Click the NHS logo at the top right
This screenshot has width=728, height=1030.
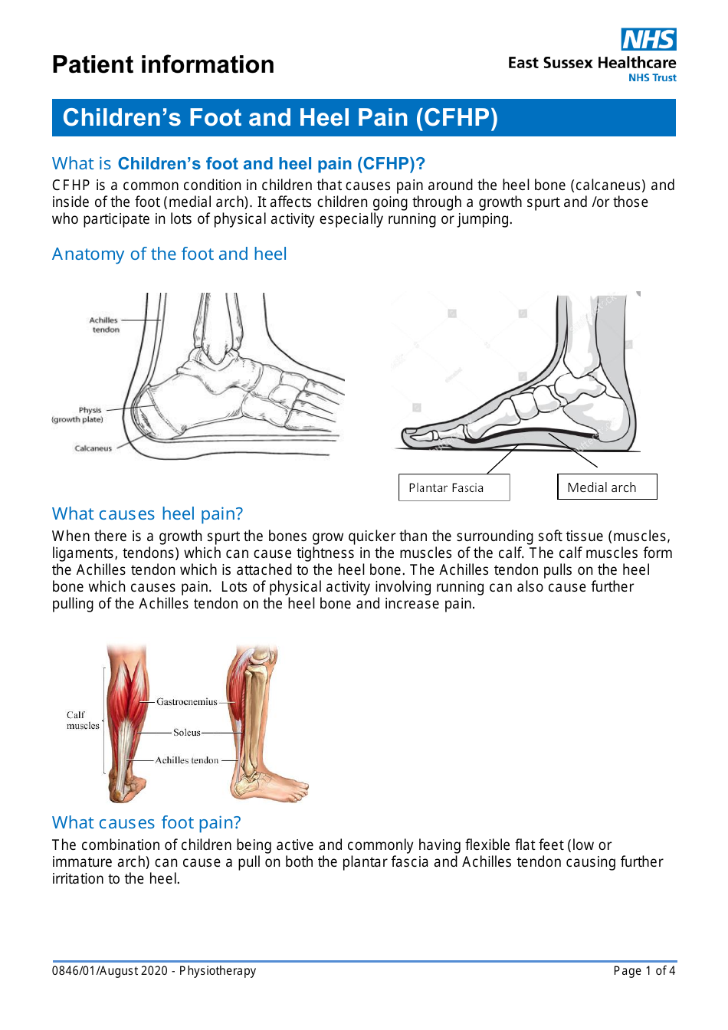click(648, 39)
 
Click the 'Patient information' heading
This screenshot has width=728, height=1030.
click(163, 65)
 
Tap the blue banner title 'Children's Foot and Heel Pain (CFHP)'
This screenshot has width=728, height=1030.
click(280, 117)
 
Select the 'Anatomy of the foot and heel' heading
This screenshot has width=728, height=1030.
click(169, 254)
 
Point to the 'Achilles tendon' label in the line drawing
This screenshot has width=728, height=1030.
click(104, 325)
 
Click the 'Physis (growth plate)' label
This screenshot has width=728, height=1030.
click(78, 415)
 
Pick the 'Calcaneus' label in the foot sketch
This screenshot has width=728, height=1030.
click(93, 448)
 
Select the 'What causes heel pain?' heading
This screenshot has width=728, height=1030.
click(147, 513)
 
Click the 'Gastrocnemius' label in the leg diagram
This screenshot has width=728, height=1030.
click(187, 701)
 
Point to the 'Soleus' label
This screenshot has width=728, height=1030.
click(186, 733)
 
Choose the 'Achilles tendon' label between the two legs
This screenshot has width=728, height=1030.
click(187, 760)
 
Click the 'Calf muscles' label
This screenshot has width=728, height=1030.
click(82, 720)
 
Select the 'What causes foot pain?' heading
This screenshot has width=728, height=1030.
click(146, 822)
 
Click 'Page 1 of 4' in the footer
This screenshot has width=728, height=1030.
click(644, 971)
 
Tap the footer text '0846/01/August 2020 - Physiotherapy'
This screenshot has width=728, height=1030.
click(154, 971)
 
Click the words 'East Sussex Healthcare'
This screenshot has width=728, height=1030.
click(592, 63)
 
